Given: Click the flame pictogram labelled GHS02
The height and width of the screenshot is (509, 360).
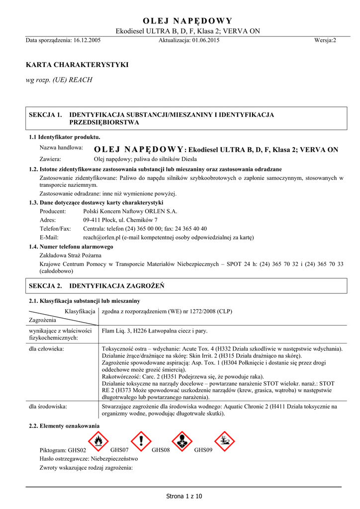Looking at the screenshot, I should tap(98, 441).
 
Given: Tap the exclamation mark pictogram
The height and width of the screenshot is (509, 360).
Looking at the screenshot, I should tap(141, 441).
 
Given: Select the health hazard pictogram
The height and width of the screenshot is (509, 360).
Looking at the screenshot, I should tap(182, 441).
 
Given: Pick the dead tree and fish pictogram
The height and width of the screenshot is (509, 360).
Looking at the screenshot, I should tap(225, 441).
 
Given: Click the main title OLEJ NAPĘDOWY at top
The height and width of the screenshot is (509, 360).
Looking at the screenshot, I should tap(187, 20).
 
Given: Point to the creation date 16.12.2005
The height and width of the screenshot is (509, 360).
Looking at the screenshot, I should tap(87, 40).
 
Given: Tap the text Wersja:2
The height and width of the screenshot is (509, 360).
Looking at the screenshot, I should tap(325, 40).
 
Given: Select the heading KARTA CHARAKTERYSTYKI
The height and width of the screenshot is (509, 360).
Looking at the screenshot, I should tap(77, 65).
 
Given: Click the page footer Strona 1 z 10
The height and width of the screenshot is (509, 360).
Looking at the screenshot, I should tap(184, 496).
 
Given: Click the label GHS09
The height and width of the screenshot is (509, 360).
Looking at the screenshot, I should tap(203, 450).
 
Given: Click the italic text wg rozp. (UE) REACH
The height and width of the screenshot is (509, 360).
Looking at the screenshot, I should tap(59, 80).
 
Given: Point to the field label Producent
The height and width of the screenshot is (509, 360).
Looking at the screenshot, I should tap(53, 211).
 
